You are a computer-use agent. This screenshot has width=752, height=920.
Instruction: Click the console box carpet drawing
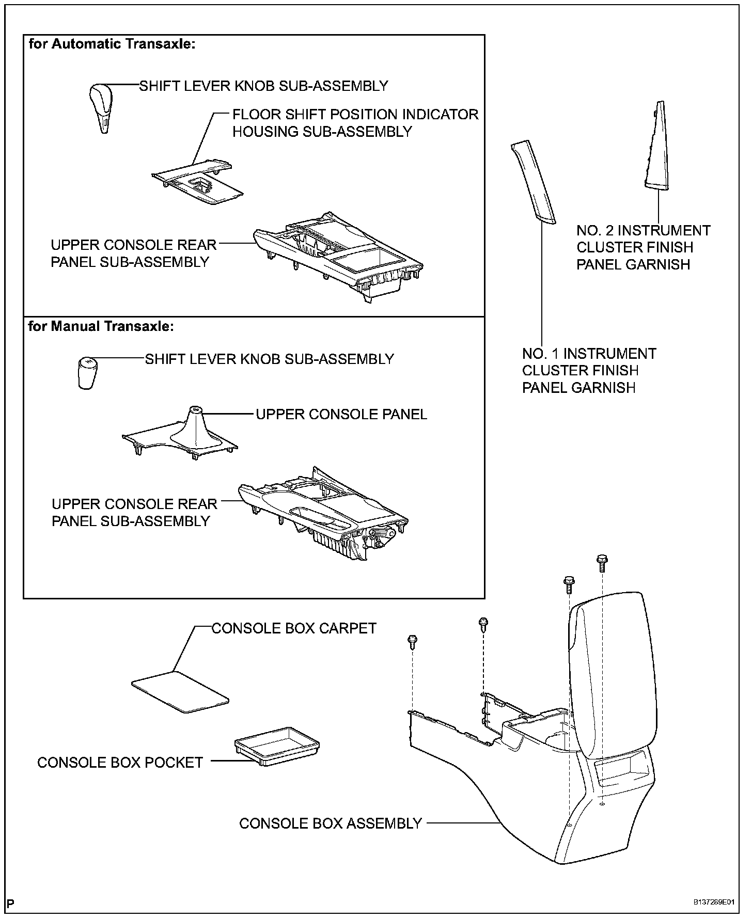(180, 691)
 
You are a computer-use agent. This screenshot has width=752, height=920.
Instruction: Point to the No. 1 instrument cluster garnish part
(534, 184)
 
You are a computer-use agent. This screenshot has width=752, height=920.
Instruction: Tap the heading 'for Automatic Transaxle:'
(112, 44)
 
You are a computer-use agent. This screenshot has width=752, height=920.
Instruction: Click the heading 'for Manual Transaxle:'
(101, 326)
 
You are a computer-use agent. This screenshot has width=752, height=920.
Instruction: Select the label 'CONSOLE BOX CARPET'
(294, 628)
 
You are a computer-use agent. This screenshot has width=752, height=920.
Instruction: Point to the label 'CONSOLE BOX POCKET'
(120, 763)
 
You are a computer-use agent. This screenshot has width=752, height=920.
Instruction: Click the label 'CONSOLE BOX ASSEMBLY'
(331, 823)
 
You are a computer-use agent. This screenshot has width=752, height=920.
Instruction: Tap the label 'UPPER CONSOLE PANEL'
(341, 414)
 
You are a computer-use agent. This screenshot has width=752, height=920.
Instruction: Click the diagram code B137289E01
(713, 902)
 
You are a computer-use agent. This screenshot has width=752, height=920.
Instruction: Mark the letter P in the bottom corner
(11, 903)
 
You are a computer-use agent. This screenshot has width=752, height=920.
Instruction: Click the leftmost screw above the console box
(413, 641)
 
